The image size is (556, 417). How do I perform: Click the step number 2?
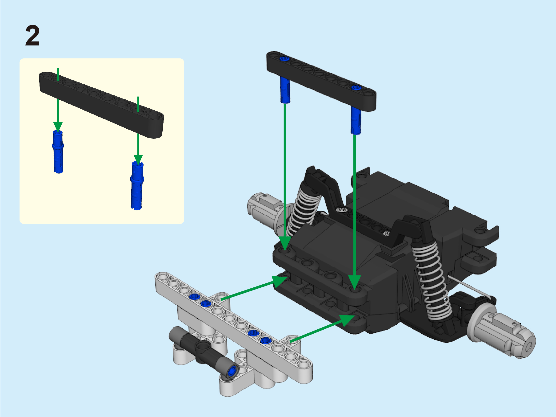tap(32, 36)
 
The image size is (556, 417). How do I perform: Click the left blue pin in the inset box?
tap(58, 152)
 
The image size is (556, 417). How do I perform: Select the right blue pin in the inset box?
tap(137, 185)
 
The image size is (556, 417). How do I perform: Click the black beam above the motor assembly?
tap(321, 81)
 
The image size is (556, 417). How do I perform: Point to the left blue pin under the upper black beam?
tap(285, 90)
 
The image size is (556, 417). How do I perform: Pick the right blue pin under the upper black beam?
tap(356, 121)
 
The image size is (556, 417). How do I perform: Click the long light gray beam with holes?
tap(234, 328)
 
